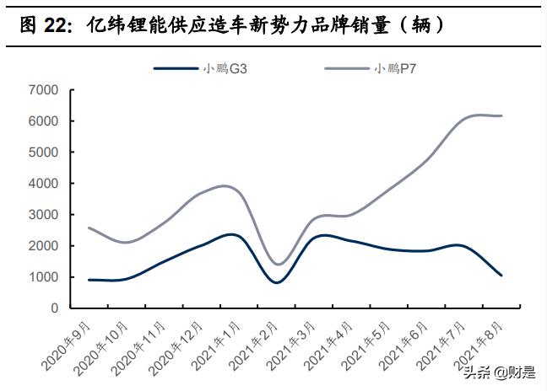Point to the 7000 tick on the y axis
click(42, 90)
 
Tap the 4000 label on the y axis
click(42, 184)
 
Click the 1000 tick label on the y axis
click(42, 277)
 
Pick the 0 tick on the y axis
click(53, 308)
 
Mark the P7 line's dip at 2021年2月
click(277, 265)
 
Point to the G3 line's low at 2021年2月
click(277, 282)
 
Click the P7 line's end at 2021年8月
click(502, 115)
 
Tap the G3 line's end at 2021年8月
click(502, 276)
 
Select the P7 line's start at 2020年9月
click(89, 228)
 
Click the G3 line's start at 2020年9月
click(89, 280)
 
